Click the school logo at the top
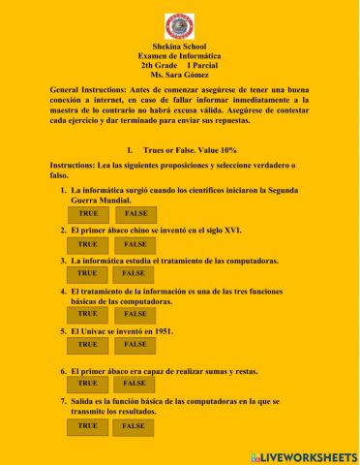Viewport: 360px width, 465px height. coord(180,23)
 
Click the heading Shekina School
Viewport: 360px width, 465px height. coord(180,46)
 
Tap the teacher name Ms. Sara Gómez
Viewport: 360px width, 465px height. coord(180,74)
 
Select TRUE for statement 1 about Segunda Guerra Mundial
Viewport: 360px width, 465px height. coord(88,213)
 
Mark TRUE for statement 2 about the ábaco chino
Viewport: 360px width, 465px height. coord(88,244)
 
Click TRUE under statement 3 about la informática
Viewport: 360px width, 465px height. coord(88,274)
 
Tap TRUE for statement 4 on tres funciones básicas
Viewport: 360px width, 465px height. coord(88,314)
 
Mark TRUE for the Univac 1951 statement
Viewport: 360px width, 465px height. coord(88,344)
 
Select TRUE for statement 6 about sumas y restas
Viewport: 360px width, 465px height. coord(88,384)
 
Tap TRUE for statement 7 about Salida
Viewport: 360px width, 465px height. coord(88,425)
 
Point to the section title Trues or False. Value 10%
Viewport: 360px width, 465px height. coord(189,151)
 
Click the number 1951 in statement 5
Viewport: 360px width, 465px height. coord(163,330)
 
